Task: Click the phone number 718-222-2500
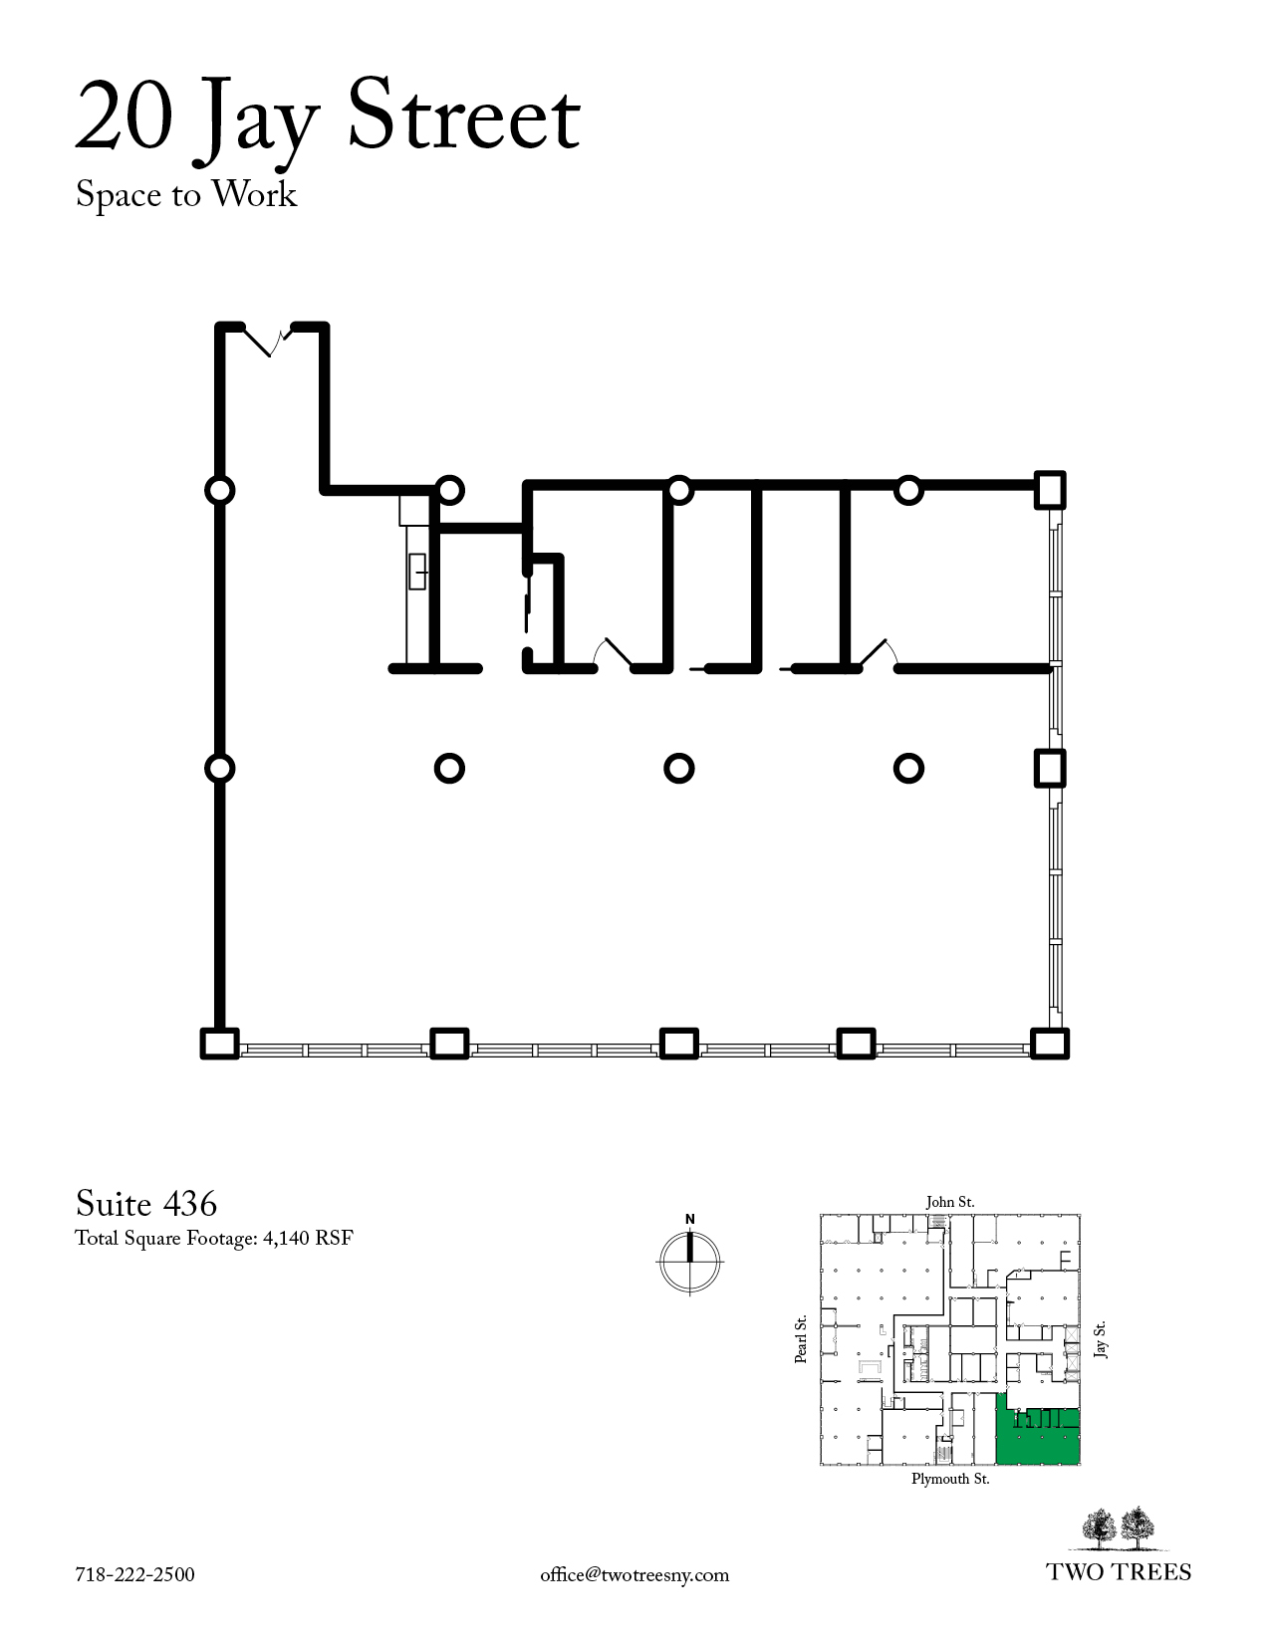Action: tap(134, 1575)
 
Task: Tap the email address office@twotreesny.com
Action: tap(635, 1576)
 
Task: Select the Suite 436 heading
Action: tap(146, 1204)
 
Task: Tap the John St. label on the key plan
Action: tap(950, 1202)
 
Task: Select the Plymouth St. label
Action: tap(950, 1479)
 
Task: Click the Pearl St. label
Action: tap(801, 1339)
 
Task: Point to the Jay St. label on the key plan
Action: tap(1101, 1339)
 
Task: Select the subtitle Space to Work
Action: tap(186, 195)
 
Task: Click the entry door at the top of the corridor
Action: tap(269, 339)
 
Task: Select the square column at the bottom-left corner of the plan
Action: tap(219, 1044)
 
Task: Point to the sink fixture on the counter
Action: tap(417, 571)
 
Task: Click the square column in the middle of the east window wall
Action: tap(1050, 769)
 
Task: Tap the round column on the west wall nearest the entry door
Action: tap(219, 490)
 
